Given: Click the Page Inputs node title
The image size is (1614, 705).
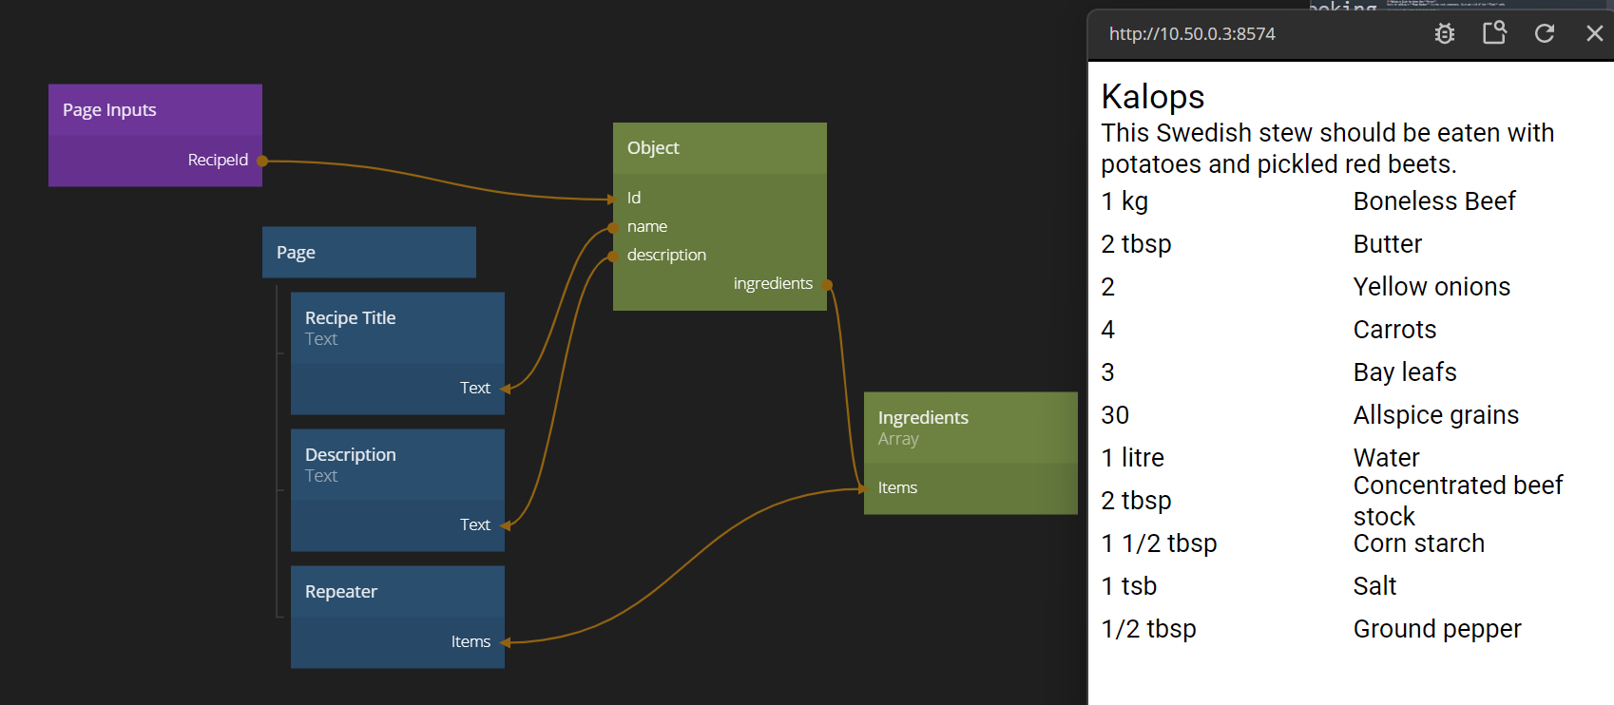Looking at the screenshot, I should pyautogui.click(x=109, y=110).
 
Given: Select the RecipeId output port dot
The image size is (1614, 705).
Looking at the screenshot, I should pyautogui.click(x=262, y=161).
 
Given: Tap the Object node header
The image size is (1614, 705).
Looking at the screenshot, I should pyautogui.click(x=653, y=148).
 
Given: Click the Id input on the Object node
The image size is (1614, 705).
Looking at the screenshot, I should pyautogui.click(x=634, y=198).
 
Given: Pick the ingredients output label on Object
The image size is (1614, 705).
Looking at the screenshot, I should pyautogui.click(x=773, y=283).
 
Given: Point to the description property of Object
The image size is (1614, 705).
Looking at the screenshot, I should pyautogui.click(x=666, y=255).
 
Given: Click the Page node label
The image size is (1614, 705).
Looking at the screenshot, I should pyautogui.click(x=296, y=253).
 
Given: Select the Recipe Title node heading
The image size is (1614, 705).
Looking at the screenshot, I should pyautogui.click(x=350, y=318).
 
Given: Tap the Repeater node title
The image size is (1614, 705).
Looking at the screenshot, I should pyautogui.click(x=341, y=592).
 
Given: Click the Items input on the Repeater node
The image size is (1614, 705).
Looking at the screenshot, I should pyautogui.click(x=471, y=642).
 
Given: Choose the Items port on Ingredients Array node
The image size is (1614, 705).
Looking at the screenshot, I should pyautogui.click(x=897, y=487).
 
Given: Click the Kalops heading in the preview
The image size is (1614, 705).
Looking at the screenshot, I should pyautogui.click(x=1153, y=97).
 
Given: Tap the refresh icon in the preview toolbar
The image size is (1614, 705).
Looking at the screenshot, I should pyautogui.click(x=1545, y=33).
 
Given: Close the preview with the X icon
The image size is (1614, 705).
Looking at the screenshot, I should pyautogui.click(x=1595, y=33).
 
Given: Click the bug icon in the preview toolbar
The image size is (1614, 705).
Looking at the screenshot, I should pyautogui.click(x=1445, y=33).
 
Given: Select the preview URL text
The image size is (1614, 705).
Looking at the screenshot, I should pyautogui.click(x=1192, y=34).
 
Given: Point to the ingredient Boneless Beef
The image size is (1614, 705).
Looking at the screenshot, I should pyautogui.click(x=1434, y=201).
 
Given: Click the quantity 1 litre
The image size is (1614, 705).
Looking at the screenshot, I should pyautogui.click(x=1132, y=458).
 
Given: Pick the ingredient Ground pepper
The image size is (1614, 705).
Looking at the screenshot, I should pyautogui.click(x=1437, y=629).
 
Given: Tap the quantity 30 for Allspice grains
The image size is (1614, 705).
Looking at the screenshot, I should pyautogui.click(x=1115, y=415).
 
